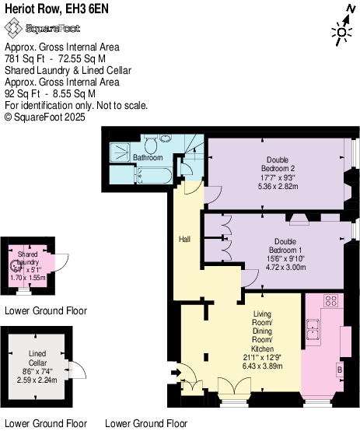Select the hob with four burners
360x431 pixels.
330,300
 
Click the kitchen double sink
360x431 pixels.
315,329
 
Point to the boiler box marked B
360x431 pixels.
340,370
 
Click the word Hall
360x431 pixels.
184,238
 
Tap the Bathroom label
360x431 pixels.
147,157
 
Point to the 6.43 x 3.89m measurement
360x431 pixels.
262,364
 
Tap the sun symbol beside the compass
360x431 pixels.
339,32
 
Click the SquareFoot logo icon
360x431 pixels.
13,28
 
